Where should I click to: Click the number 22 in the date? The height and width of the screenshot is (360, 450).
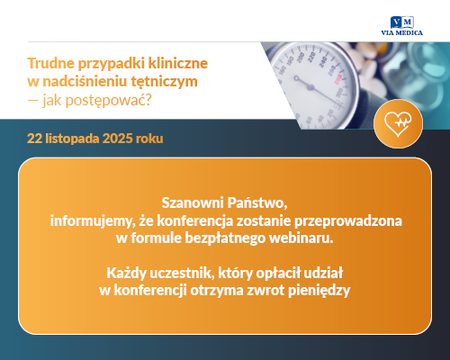point(35,139)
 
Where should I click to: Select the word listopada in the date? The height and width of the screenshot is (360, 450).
point(75,139)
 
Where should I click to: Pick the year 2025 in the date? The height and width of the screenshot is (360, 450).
point(125,139)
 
